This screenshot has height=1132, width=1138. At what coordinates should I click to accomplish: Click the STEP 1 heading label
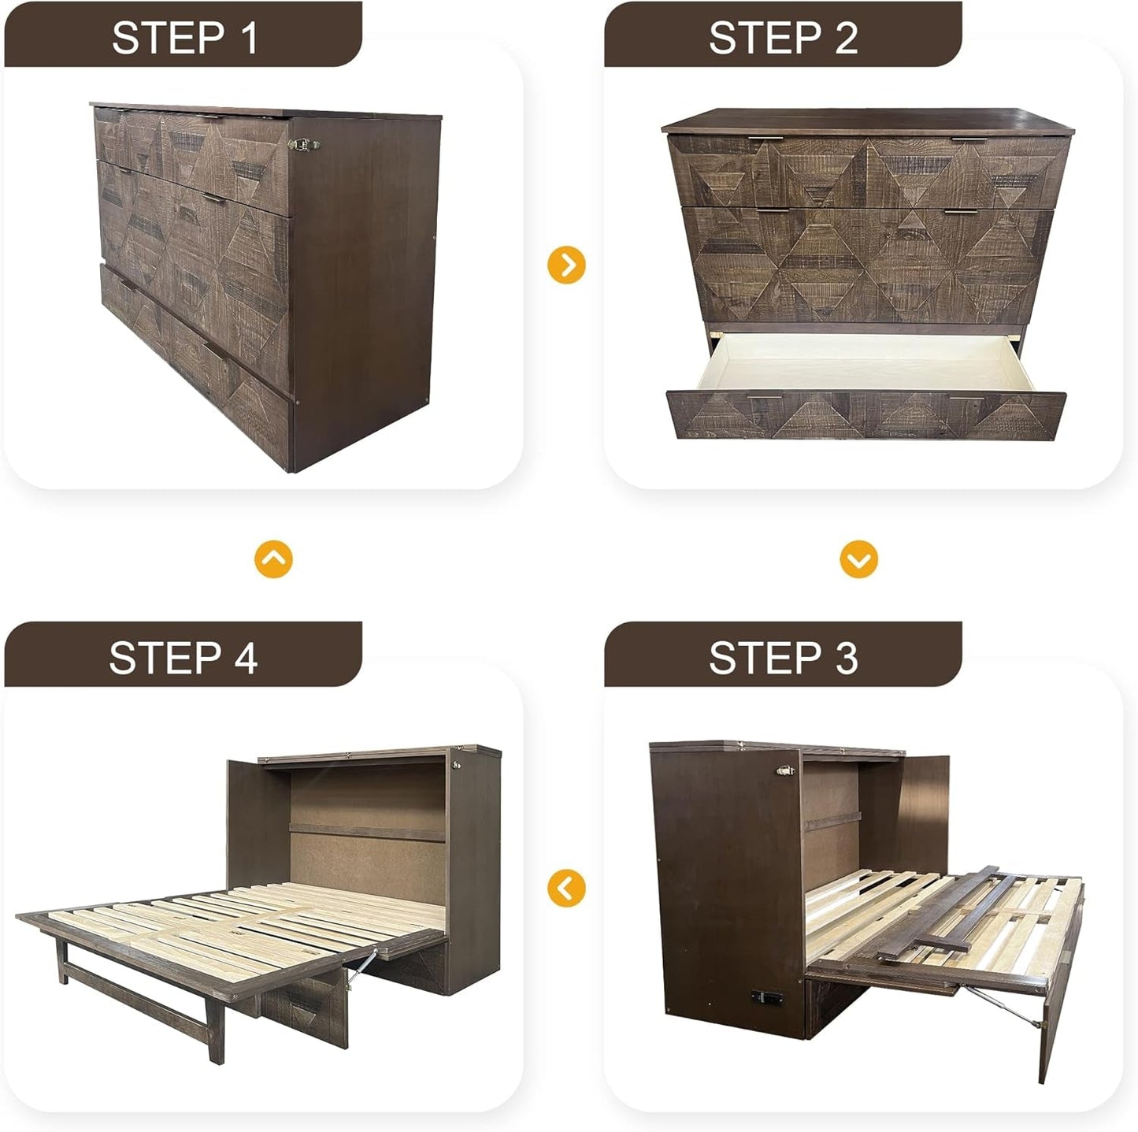point(184,37)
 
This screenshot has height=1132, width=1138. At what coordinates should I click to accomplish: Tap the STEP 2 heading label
point(783,37)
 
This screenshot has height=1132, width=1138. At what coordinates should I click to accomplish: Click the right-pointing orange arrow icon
point(566,265)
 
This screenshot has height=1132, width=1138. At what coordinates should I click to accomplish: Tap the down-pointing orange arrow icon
point(858,559)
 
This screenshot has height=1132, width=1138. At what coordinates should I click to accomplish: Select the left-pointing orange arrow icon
point(566,888)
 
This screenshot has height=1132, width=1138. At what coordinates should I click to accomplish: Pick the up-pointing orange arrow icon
point(273,559)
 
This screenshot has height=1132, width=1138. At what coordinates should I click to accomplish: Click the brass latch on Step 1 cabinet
point(303,144)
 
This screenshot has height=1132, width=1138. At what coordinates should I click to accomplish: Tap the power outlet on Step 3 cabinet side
point(768,997)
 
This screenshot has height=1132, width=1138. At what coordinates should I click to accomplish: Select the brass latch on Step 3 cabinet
point(785,771)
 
